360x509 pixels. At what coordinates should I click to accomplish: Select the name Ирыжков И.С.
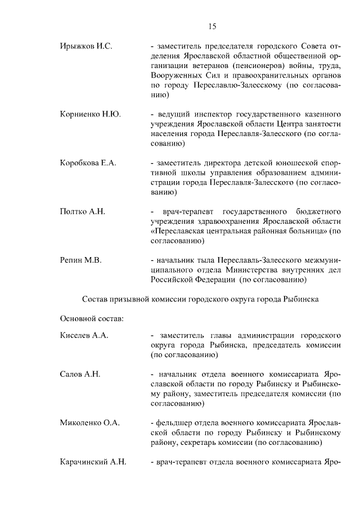85,46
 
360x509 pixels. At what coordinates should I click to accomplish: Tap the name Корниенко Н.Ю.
89,114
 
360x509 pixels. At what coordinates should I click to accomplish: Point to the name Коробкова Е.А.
88,163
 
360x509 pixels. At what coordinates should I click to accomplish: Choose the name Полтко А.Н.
82,211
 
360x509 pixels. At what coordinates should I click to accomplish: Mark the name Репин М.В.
80,260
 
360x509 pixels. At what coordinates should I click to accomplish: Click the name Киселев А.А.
84,335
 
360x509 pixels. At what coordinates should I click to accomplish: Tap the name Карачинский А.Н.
93,462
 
